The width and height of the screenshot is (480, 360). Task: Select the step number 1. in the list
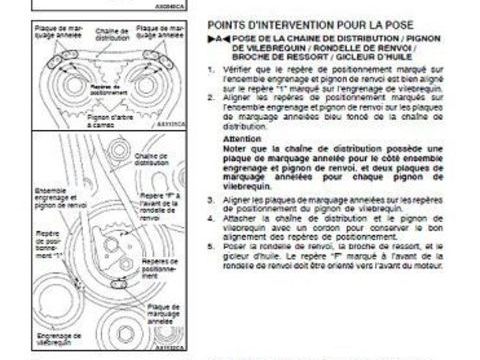213,69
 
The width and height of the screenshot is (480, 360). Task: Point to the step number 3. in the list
213,200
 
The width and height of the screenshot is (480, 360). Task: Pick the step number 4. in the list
213,217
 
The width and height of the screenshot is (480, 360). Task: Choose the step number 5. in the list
213,244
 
